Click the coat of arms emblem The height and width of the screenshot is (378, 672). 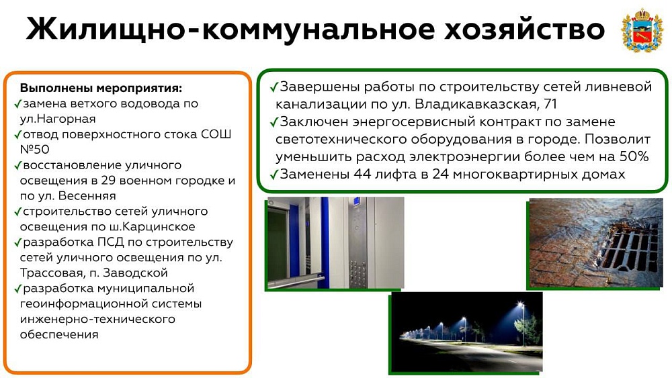tap(642, 30)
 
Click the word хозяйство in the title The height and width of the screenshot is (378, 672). tap(523, 30)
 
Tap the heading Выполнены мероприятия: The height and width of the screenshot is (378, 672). tap(101, 88)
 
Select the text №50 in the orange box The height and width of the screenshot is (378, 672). tap(35, 150)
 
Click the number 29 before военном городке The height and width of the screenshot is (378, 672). tap(108, 180)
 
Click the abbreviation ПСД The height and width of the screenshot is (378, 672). tap(111, 242)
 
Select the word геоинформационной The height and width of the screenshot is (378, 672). tap(111, 304)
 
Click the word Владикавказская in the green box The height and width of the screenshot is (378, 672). tap(476, 104)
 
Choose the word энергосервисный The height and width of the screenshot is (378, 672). tap(413, 122)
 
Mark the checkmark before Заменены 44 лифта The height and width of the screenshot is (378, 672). tap(274, 175)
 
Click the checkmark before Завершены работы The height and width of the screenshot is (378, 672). tap(274, 87)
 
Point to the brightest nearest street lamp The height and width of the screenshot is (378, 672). tap(521, 304)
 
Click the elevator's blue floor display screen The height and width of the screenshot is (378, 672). tap(356, 200)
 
